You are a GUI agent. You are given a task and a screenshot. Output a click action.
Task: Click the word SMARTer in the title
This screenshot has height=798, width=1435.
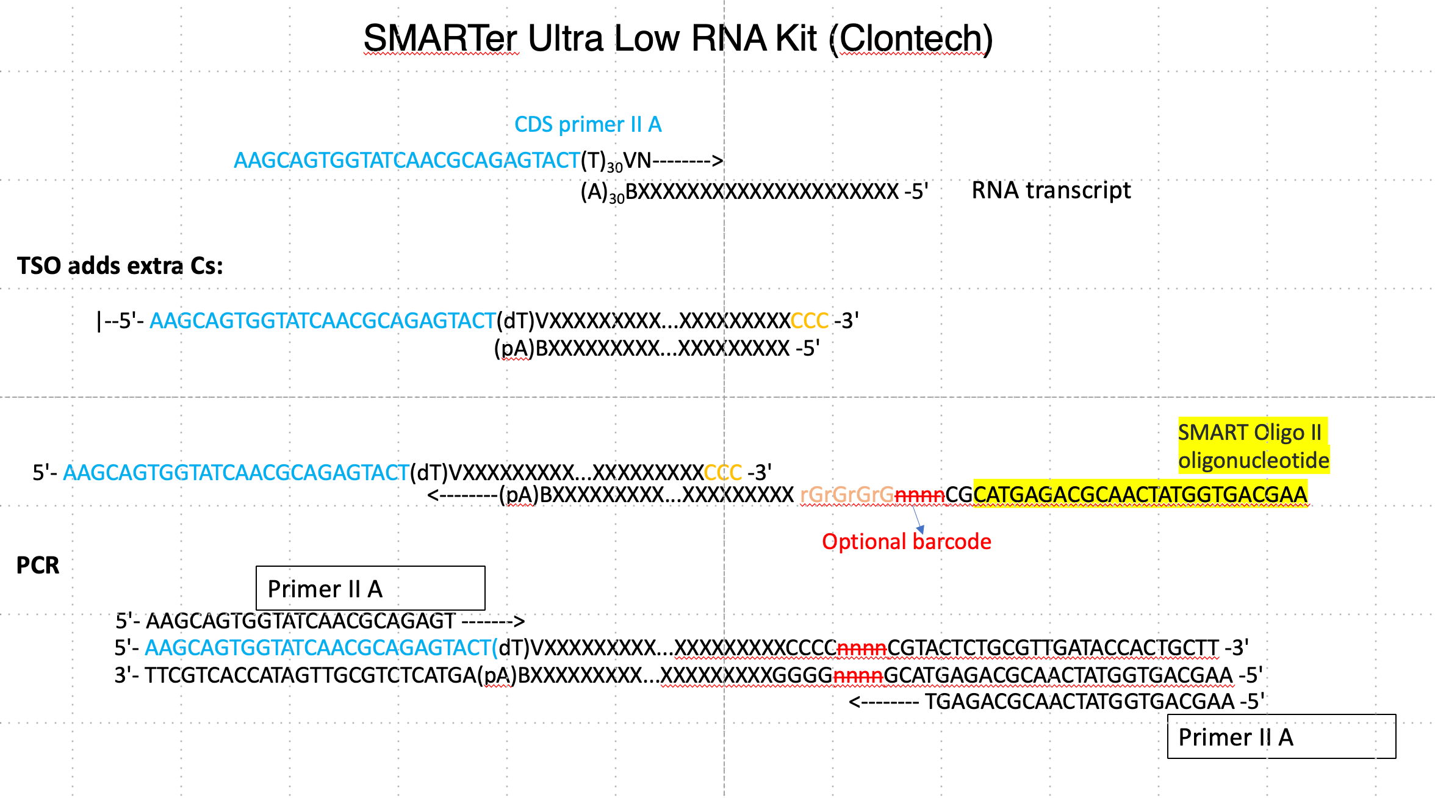[x=440, y=38]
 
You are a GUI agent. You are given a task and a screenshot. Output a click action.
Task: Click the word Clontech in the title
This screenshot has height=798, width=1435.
[x=912, y=38]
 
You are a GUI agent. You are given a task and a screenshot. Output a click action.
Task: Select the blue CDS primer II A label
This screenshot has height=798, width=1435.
[x=588, y=124]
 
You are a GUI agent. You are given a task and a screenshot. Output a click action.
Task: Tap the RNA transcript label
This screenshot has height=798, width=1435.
[x=1051, y=190]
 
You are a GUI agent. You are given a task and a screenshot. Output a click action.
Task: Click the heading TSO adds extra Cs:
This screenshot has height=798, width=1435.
[x=120, y=266]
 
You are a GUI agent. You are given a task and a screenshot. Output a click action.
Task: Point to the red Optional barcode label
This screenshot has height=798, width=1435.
[x=906, y=542]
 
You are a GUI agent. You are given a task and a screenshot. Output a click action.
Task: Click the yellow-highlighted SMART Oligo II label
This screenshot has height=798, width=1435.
[x=1253, y=446]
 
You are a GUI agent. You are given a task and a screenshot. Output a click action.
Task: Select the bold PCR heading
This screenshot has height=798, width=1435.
[x=38, y=566]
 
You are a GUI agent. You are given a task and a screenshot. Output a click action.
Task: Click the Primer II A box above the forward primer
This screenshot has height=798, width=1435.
[x=370, y=588]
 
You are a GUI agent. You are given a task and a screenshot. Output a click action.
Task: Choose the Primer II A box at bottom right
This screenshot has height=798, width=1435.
[x=1281, y=736]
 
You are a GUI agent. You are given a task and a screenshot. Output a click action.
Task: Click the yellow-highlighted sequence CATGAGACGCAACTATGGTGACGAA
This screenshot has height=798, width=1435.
[x=1140, y=495]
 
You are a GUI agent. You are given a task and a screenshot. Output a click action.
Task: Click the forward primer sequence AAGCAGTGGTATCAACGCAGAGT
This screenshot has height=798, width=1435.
[x=300, y=621]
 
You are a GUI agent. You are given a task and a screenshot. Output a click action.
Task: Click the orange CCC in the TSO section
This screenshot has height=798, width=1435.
[x=809, y=321]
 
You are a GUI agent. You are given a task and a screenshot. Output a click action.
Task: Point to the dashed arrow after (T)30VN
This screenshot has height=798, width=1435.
[x=688, y=161]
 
